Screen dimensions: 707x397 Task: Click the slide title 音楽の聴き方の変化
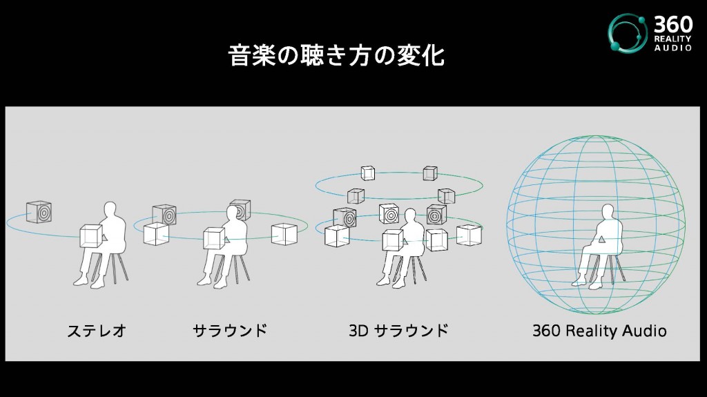tap(336, 55)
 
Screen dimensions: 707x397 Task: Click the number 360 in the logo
tap(672, 24)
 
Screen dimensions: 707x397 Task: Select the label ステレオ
tap(97, 331)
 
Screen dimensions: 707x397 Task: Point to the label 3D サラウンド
tap(398, 331)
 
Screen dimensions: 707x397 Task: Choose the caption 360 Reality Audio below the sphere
tap(599, 331)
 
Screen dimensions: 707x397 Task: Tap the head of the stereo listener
tap(110, 209)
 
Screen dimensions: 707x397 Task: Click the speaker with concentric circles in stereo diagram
tap(39, 211)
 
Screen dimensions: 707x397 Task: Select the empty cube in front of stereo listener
tap(92, 236)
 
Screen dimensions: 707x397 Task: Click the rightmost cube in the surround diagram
tap(284, 234)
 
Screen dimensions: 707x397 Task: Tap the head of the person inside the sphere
tap(608, 212)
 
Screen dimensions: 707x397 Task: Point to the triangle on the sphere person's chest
tap(601, 239)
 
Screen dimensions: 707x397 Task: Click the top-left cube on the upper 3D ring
tap(368, 173)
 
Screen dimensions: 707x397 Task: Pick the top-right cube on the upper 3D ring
tap(430, 173)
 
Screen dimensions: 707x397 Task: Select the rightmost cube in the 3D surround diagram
tap(469, 235)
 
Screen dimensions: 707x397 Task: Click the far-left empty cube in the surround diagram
tap(157, 233)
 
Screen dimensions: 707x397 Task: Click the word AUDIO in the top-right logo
tap(673, 48)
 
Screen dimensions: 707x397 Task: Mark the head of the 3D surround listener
tap(410, 215)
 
